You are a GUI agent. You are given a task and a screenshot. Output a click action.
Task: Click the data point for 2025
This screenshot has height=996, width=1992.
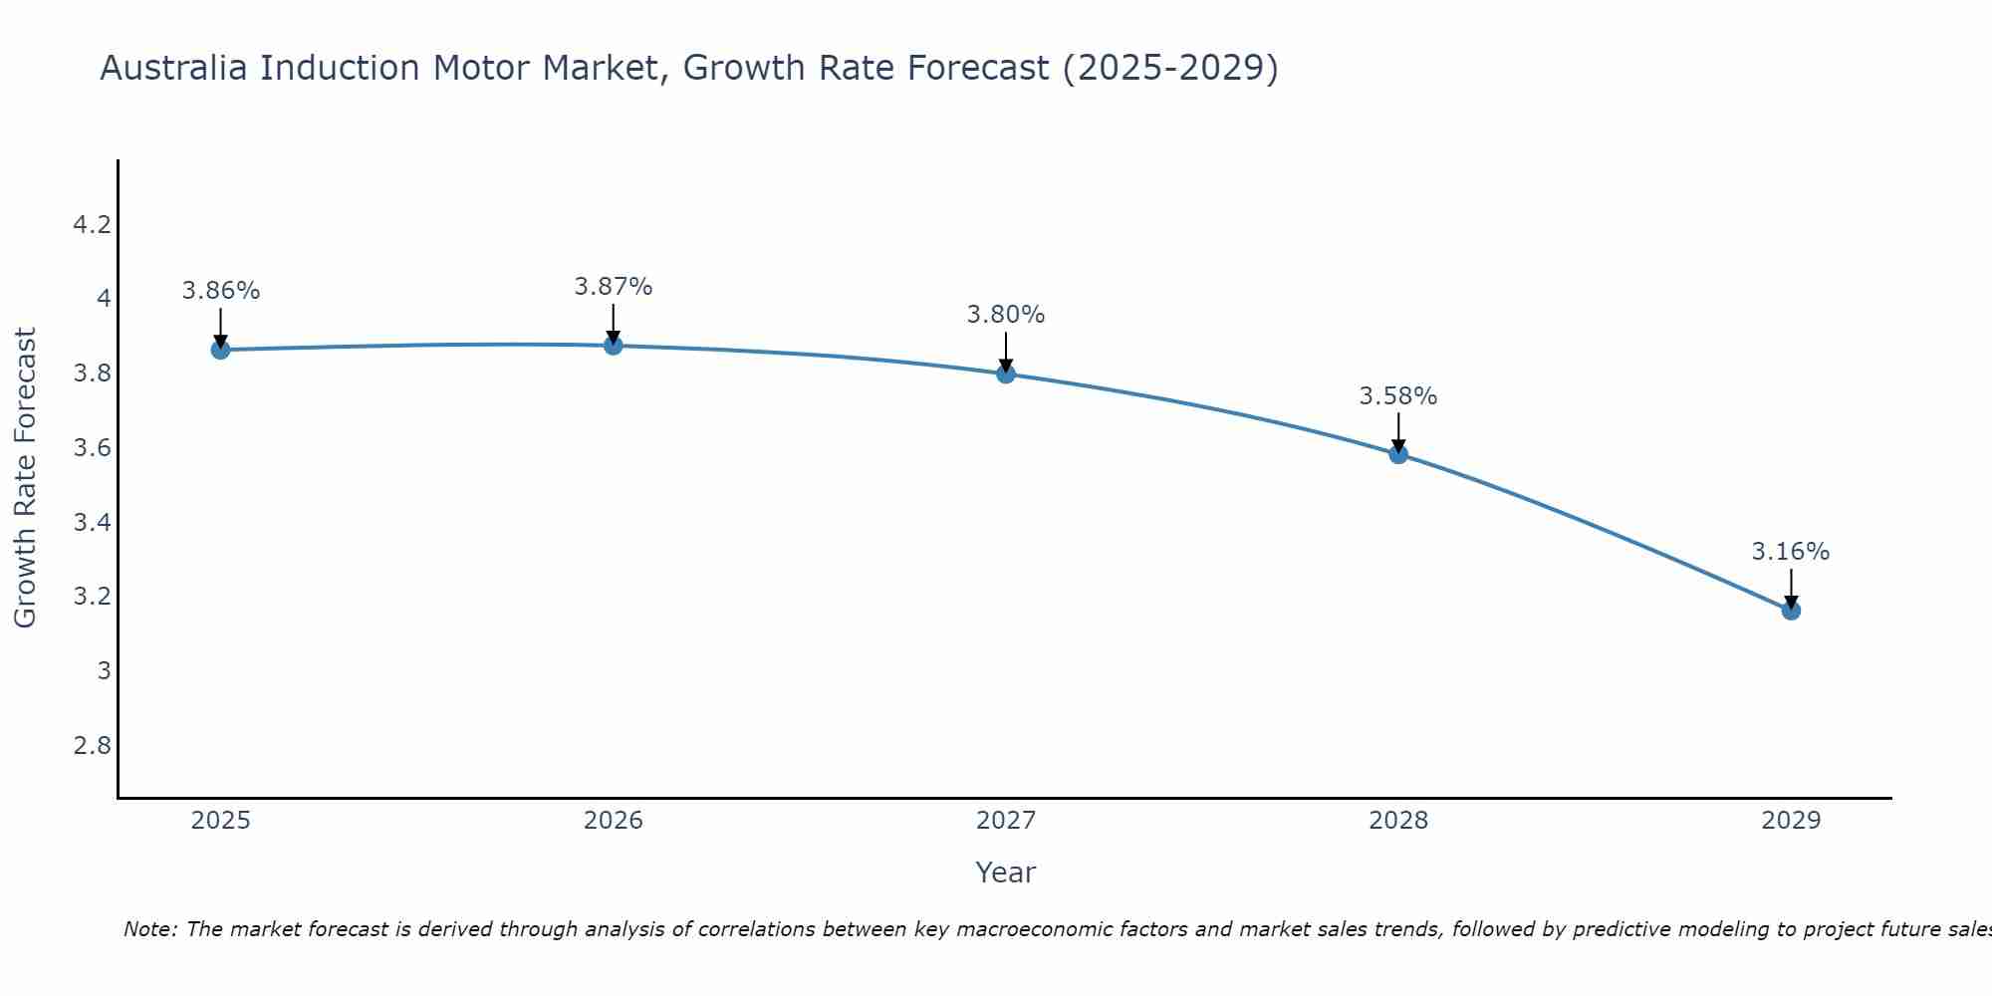pos(220,350)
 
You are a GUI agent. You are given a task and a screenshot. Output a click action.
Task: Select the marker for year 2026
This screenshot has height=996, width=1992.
pos(613,346)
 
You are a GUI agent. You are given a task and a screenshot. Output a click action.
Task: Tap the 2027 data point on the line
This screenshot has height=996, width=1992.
pos(1006,373)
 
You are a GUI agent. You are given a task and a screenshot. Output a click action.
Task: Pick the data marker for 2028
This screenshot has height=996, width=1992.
pos(1398,454)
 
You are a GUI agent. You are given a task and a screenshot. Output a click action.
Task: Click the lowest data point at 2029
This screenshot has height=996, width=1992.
pos(1791,611)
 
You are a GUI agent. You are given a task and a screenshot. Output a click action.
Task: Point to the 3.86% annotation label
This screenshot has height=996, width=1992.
pos(220,291)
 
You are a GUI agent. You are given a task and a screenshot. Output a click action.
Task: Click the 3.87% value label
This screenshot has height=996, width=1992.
pos(613,287)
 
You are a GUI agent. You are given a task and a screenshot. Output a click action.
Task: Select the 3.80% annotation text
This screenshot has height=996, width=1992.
pos(1006,315)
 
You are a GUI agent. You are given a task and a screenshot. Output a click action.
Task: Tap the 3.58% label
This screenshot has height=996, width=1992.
pos(1398,396)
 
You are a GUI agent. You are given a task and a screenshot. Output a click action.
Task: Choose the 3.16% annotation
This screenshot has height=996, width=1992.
pos(1791,552)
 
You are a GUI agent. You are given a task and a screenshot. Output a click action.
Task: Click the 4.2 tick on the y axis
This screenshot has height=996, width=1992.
pos(92,225)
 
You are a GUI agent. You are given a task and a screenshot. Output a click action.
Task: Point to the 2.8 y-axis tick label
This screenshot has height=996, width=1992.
pos(92,746)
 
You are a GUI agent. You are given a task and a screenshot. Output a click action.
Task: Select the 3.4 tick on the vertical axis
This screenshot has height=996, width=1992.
pos(92,523)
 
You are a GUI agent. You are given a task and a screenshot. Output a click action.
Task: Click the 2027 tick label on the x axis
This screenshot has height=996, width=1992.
pos(1006,821)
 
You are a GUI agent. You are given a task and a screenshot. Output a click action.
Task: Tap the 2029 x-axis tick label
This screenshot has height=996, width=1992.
pos(1791,821)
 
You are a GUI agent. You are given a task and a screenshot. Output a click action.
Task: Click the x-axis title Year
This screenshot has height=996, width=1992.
pos(1006,872)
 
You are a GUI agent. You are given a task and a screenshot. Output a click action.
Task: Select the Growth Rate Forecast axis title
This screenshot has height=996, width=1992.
pos(25,478)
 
